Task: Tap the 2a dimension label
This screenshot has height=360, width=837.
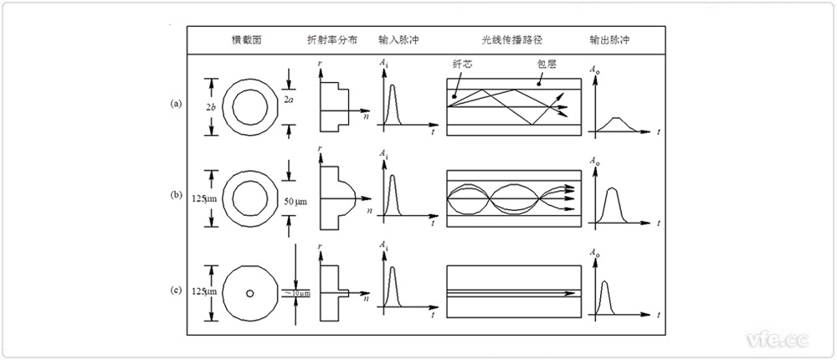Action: tap(289, 100)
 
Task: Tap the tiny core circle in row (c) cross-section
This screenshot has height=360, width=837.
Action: tap(249, 293)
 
